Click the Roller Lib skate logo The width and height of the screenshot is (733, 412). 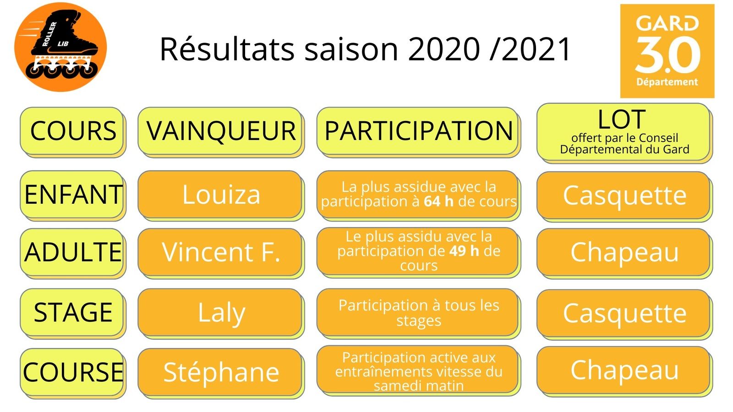coord(60,47)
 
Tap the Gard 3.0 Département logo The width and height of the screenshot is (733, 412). coord(667,51)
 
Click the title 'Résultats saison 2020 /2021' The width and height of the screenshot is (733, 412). coord(365,49)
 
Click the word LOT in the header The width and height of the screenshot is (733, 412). coord(622,119)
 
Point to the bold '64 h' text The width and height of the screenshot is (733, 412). coord(438,201)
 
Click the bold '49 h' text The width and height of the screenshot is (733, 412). coord(464,251)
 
